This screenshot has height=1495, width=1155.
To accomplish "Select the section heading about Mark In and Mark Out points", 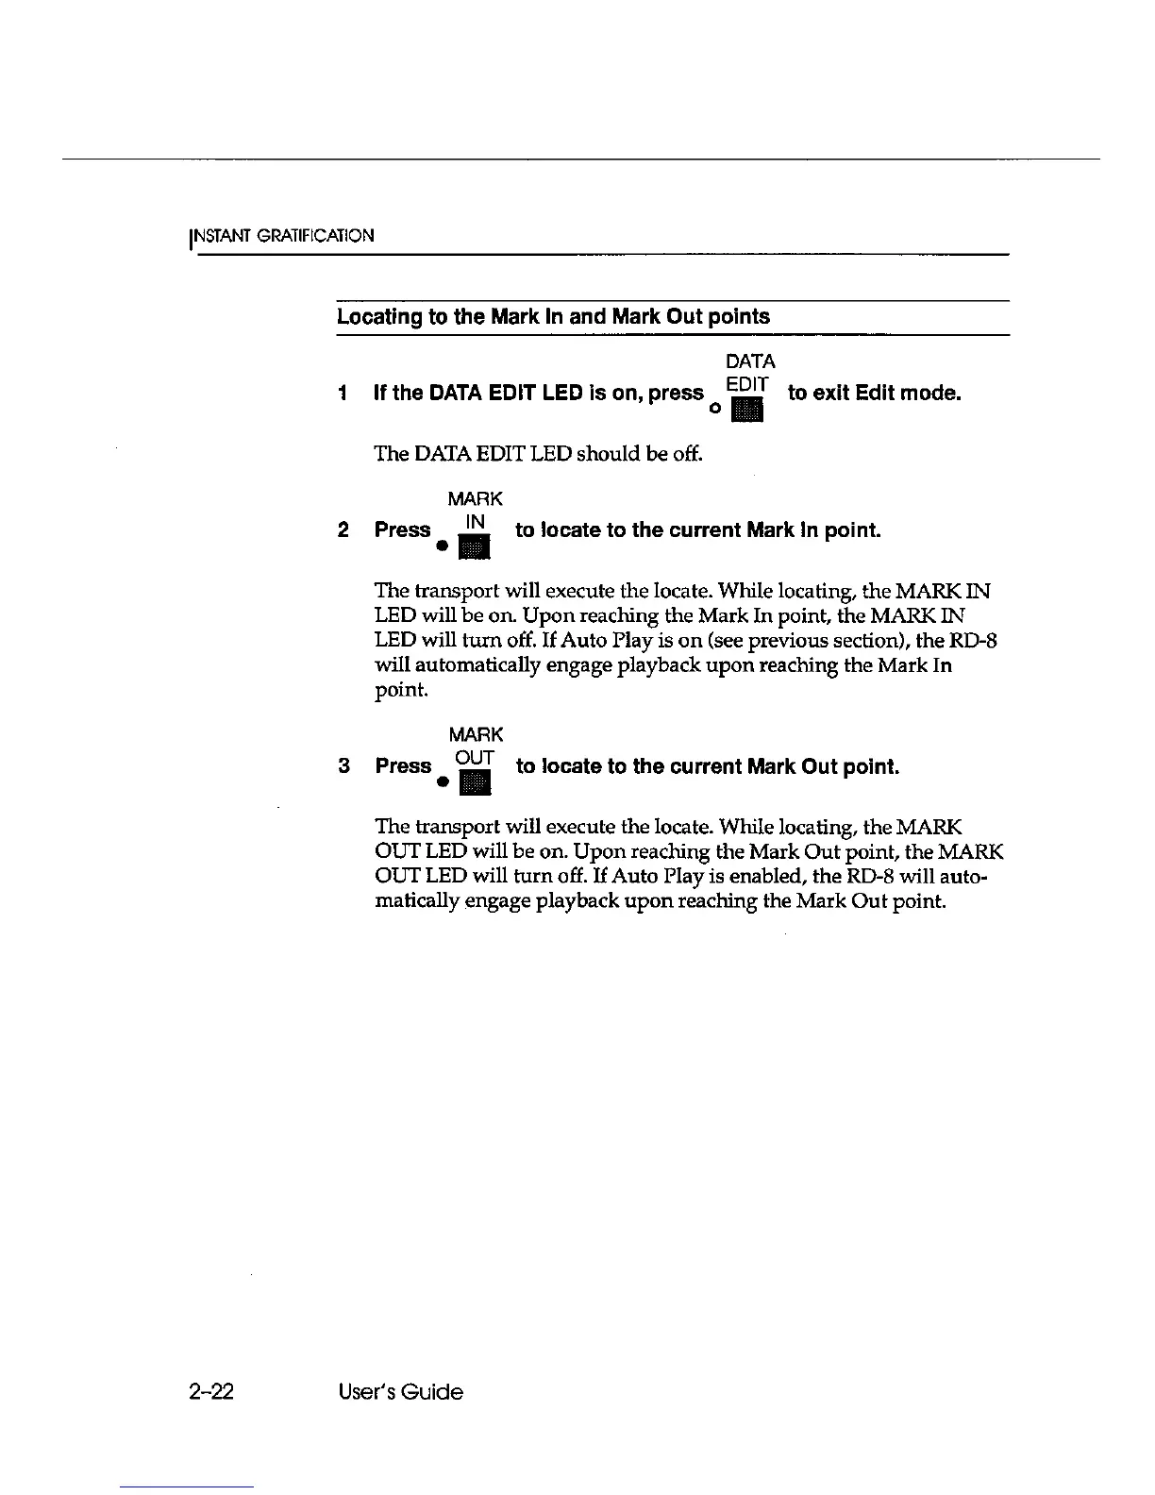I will [553, 317].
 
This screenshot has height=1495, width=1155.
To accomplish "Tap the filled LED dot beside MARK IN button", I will [441, 547].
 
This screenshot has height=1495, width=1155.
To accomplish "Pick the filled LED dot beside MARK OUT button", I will [441, 783].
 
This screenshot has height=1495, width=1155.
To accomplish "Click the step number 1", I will [343, 393].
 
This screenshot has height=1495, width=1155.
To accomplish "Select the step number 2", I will [343, 530].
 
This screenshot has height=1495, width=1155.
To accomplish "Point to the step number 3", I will [344, 766].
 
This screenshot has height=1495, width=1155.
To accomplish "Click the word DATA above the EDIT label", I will [750, 361].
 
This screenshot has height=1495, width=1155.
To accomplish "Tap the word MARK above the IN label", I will [475, 498].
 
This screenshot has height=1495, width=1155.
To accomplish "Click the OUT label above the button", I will [475, 758].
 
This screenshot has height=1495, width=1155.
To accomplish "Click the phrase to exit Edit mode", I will [874, 393].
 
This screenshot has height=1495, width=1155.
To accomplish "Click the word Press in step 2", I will [402, 530].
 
